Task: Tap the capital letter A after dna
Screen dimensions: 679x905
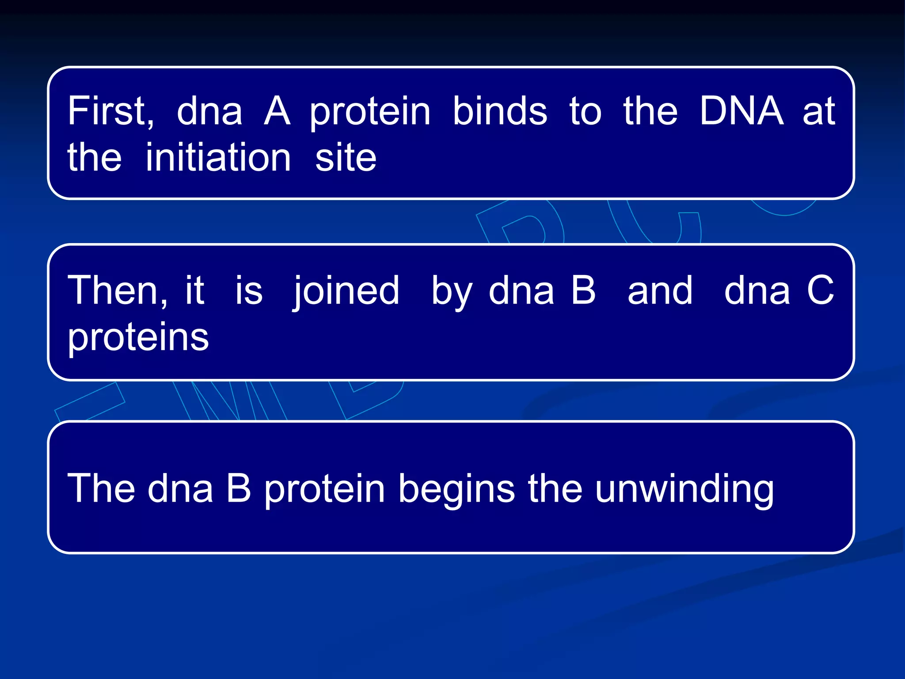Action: [277, 111]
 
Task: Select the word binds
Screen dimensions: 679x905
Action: [500, 111]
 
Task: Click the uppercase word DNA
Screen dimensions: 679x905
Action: [741, 111]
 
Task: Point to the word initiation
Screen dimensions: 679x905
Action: [218, 158]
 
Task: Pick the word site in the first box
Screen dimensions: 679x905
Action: [346, 158]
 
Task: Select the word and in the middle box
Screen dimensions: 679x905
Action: [660, 291]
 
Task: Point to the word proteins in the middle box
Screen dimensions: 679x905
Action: [138, 338]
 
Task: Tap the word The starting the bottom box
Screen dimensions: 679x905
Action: [101, 488]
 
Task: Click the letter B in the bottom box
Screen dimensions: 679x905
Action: [239, 488]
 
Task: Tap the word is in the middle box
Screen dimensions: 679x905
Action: [248, 291]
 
